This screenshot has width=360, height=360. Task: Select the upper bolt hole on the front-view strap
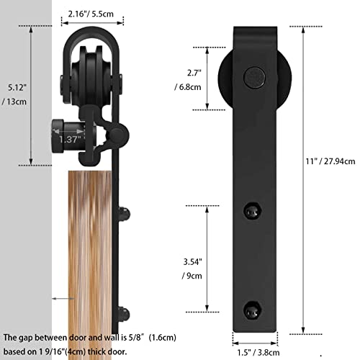[x=252, y=210]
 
